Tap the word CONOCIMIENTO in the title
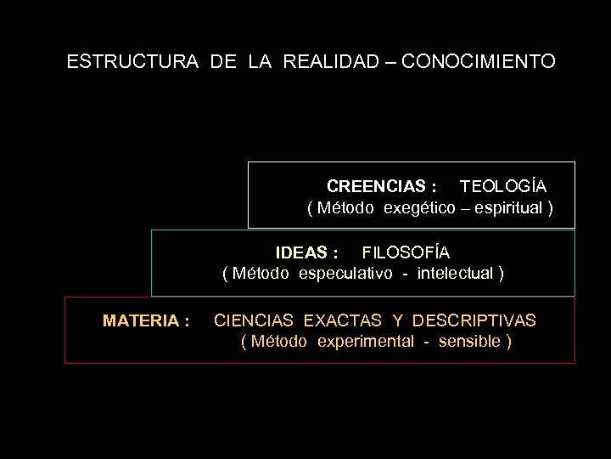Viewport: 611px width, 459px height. tap(480, 62)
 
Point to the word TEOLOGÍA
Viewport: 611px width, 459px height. tap(503, 186)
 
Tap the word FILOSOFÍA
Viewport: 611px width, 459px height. tap(406, 252)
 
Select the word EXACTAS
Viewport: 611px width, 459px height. tap(343, 321)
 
